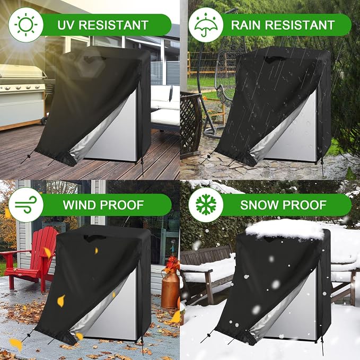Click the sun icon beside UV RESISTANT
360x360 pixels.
click(25, 25)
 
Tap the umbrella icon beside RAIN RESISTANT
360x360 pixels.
click(206, 25)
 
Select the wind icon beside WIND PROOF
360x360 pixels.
click(25, 205)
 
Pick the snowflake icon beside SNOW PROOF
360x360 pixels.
click(206, 205)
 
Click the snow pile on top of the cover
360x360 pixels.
click(285, 229)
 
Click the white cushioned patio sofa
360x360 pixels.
click(165, 107)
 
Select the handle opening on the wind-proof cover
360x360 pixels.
click(93, 238)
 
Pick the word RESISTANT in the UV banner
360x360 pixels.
click(113, 25)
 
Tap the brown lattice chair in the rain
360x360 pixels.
click(190, 124)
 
